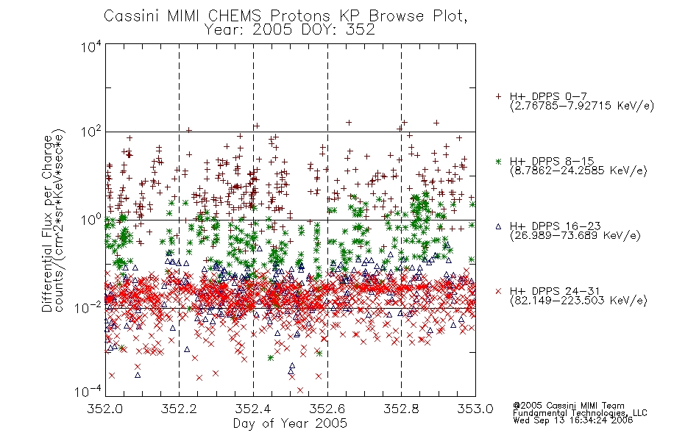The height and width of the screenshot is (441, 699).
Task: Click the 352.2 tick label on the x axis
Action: (179, 409)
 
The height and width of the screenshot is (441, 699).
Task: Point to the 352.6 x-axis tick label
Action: (327, 409)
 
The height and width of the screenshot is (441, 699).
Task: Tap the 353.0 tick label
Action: (475, 409)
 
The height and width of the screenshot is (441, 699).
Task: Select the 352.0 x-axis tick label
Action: (105, 409)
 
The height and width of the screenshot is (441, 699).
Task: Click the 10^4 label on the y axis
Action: (91, 46)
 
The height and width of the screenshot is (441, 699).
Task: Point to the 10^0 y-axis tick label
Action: (91, 220)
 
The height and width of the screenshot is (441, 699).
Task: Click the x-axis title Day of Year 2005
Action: (290, 423)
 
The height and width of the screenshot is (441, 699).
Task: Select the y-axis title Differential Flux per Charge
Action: (47, 223)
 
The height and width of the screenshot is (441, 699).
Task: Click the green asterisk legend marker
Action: (498, 161)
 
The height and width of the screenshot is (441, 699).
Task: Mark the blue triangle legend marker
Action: (498, 226)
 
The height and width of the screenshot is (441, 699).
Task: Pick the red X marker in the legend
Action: (498, 291)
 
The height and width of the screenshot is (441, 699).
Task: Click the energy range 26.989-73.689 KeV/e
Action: (575, 236)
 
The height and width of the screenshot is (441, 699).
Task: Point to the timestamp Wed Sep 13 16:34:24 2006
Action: (573, 420)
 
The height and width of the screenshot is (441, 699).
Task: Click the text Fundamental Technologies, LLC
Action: (580, 413)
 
